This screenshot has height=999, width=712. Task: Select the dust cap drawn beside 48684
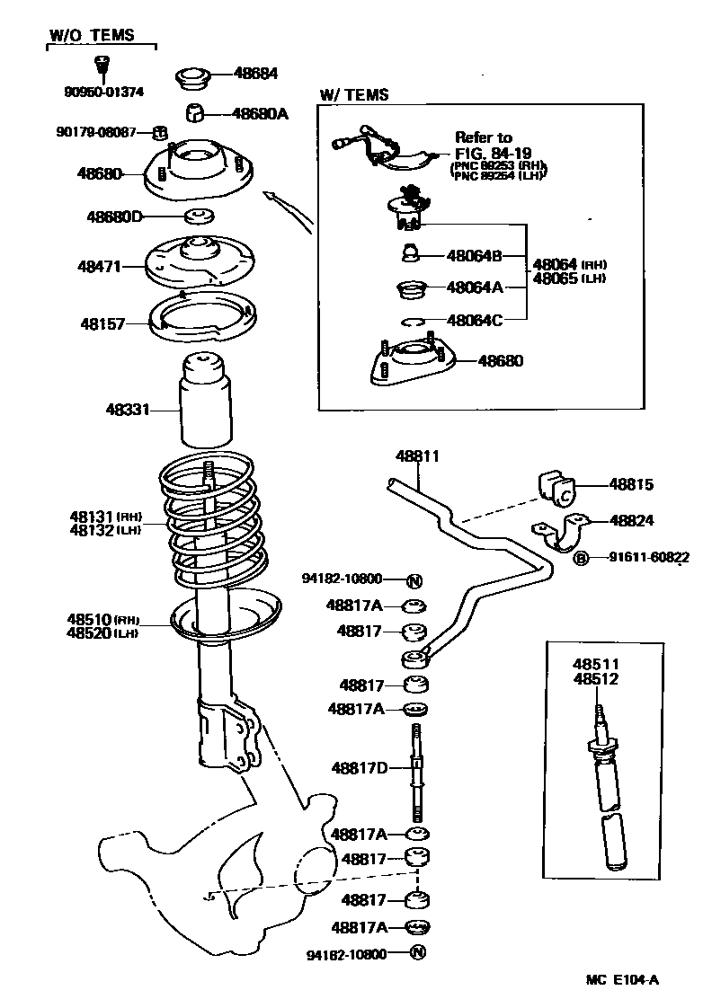pos(191,77)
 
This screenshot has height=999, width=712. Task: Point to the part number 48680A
pos(260,114)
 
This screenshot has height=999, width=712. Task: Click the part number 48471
pos(99,266)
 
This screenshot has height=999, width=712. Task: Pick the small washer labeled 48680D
pos(199,217)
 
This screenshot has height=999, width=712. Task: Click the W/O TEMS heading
pos(91,35)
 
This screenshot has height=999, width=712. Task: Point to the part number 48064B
pos(474,255)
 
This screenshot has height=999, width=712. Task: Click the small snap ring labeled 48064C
pos(414,321)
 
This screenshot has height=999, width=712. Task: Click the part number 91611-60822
pos(640,559)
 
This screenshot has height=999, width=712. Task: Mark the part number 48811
pos(418,456)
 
